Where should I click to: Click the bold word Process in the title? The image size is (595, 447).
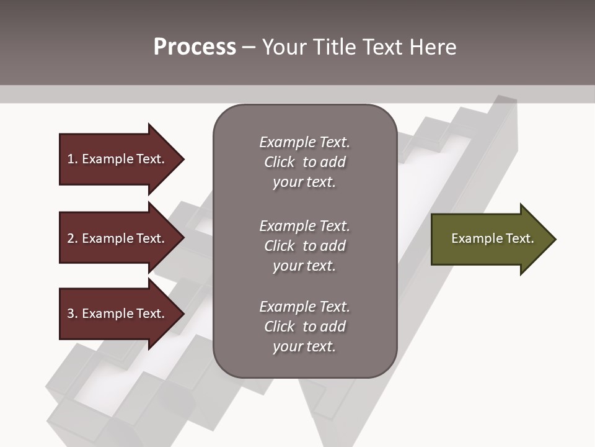pyautogui.click(x=195, y=47)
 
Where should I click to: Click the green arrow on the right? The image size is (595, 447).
pyautogui.click(x=490, y=239)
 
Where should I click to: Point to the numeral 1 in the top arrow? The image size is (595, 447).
pyautogui.click(x=71, y=159)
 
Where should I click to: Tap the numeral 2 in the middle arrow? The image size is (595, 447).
pyautogui.click(x=71, y=238)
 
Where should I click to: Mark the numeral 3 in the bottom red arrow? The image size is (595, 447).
pyautogui.click(x=71, y=314)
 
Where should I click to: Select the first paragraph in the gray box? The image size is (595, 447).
pyautogui.click(x=304, y=162)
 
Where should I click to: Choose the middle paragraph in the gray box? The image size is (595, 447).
pyautogui.click(x=304, y=246)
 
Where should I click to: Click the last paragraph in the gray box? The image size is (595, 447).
pyautogui.click(x=304, y=327)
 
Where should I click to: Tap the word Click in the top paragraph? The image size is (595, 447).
pyautogui.click(x=280, y=162)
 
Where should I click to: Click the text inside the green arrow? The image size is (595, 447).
pyautogui.click(x=492, y=238)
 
